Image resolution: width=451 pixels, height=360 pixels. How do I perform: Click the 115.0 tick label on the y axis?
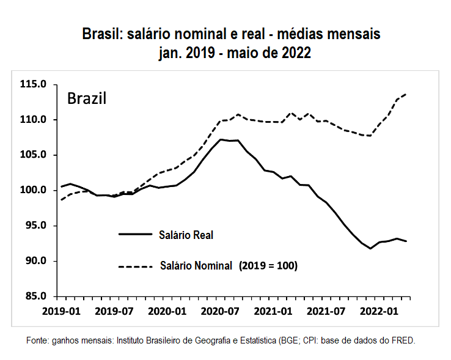[34, 84]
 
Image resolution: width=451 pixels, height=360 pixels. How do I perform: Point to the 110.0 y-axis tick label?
[34, 120]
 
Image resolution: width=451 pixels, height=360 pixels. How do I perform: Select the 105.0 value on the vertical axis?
[34, 155]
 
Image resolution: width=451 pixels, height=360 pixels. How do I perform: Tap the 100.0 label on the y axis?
[34, 191]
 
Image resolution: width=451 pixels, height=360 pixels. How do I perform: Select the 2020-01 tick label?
[166, 310]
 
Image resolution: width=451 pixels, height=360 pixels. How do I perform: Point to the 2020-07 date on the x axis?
[218, 310]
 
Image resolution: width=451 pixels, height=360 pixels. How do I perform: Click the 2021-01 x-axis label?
[271, 310]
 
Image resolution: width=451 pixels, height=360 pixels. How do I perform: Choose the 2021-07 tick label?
[324, 310]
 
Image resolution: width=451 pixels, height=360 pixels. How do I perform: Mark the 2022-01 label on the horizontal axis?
[377, 310]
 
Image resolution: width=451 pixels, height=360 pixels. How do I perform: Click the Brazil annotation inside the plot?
[87, 98]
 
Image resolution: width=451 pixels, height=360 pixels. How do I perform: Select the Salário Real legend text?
[186, 234]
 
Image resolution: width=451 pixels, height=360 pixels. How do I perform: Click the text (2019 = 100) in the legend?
[268, 266]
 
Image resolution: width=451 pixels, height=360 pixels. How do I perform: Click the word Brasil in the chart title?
[103, 34]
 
